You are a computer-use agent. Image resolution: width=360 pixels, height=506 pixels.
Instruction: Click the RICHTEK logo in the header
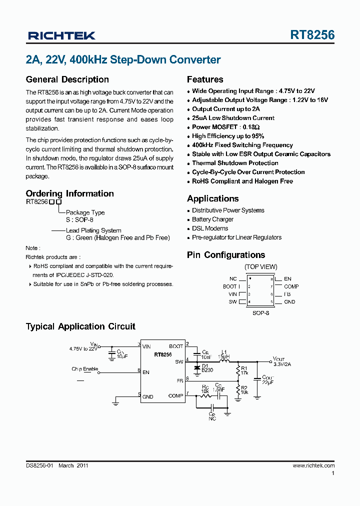61,35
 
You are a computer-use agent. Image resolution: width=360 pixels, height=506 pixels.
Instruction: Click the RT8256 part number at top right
312,35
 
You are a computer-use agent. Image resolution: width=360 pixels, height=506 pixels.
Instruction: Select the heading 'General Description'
67,79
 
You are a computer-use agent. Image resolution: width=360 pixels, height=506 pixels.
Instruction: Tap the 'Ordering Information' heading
69,193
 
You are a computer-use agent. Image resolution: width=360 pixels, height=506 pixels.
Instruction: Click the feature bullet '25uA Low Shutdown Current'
233,118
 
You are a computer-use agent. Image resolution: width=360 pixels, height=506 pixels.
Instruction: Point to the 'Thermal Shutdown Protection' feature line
235,163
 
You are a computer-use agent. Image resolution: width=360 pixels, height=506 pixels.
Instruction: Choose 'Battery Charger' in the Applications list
212,219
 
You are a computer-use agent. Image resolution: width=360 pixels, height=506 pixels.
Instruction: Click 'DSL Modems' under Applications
210,228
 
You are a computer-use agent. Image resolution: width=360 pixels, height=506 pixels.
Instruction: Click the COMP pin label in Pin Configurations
291,286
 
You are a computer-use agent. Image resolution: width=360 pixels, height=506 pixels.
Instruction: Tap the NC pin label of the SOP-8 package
233,279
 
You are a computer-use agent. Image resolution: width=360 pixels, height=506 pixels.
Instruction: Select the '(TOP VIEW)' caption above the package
260,267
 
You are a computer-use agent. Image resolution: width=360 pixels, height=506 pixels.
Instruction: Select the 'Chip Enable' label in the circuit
84,369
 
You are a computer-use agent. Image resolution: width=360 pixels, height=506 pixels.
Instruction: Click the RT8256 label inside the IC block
163,354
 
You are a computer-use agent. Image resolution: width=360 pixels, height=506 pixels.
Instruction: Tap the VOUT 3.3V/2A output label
281,361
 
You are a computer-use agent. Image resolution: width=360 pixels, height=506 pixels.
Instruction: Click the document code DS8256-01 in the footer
39,465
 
